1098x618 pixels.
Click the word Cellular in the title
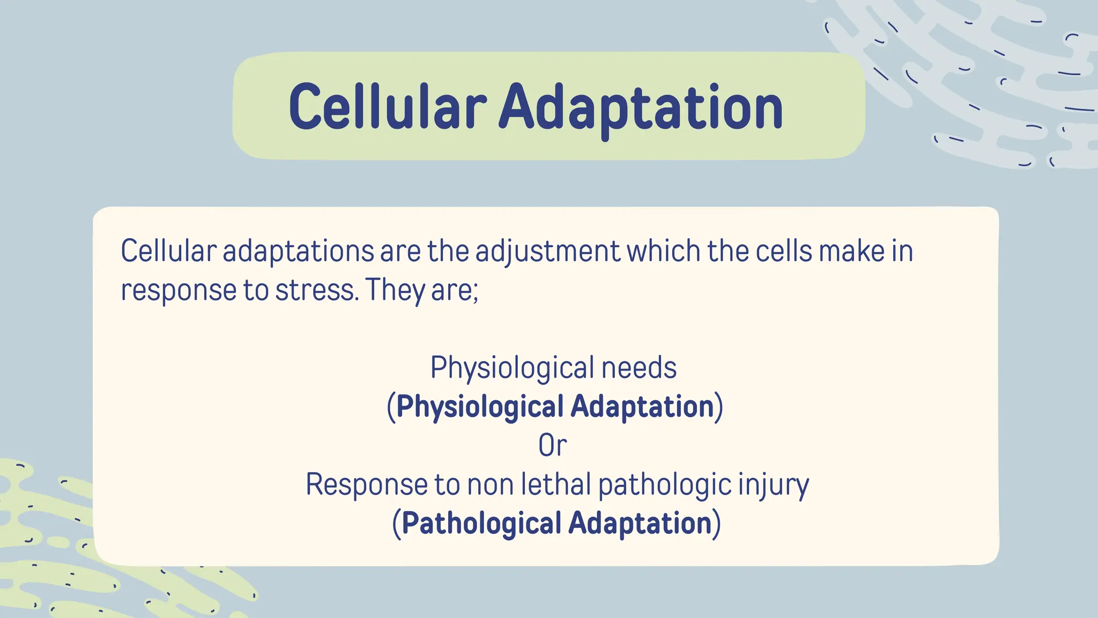coord(387,107)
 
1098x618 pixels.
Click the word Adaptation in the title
coord(641,107)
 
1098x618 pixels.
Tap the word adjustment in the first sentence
coord(547,251)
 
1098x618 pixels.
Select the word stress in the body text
coord(315,290)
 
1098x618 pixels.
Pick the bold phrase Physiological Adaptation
coord(555,407)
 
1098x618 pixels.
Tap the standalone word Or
coord(552,446)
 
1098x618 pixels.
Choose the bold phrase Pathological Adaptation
coord(556,524)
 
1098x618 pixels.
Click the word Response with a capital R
coord(366,484)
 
